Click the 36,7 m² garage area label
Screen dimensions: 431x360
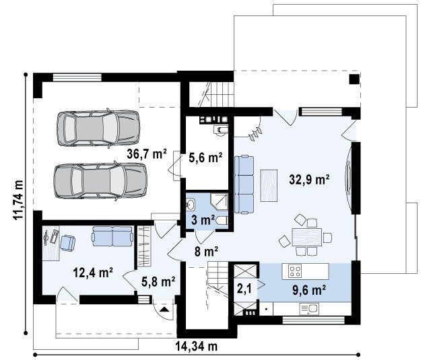(x=147, y=154)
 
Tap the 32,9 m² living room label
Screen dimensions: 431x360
(x=310, y=180)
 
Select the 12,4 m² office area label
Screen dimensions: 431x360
(x=93, y=273)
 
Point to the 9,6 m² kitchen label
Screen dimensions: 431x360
(x=309, y=290)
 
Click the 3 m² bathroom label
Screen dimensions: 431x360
(x=203, y=220)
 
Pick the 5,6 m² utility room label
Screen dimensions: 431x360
(x=205, y=158)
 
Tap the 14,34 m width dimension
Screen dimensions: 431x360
(x=197, y=347)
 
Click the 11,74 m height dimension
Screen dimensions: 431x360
(x=19, y=200)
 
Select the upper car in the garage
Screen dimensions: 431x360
(x=98, y=128)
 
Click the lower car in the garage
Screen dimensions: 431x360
(x=100, y=181)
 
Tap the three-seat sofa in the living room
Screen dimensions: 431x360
(x=244, y=184)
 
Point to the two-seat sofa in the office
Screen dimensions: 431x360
(x=112, y=236)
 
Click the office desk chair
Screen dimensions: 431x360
(x=67, y=242)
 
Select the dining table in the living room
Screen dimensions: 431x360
(x=307, y=237)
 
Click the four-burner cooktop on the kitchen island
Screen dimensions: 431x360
(x=295, y=271)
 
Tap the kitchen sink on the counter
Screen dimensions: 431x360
(x=309, y=309)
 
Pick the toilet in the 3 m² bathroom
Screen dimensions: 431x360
(x=222, y=220)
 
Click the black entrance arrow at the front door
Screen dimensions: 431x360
(x=164, y=310)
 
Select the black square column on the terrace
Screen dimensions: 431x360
(x=354, y=79)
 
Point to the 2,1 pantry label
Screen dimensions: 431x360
(x=244, y=289)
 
